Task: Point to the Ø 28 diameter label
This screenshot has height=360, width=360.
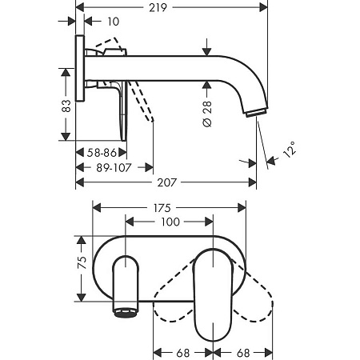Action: [x=206, y=113]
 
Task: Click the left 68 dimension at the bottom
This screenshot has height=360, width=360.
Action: [x=184, y=351]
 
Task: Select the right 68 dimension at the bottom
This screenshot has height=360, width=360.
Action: [x=246, y=351]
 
